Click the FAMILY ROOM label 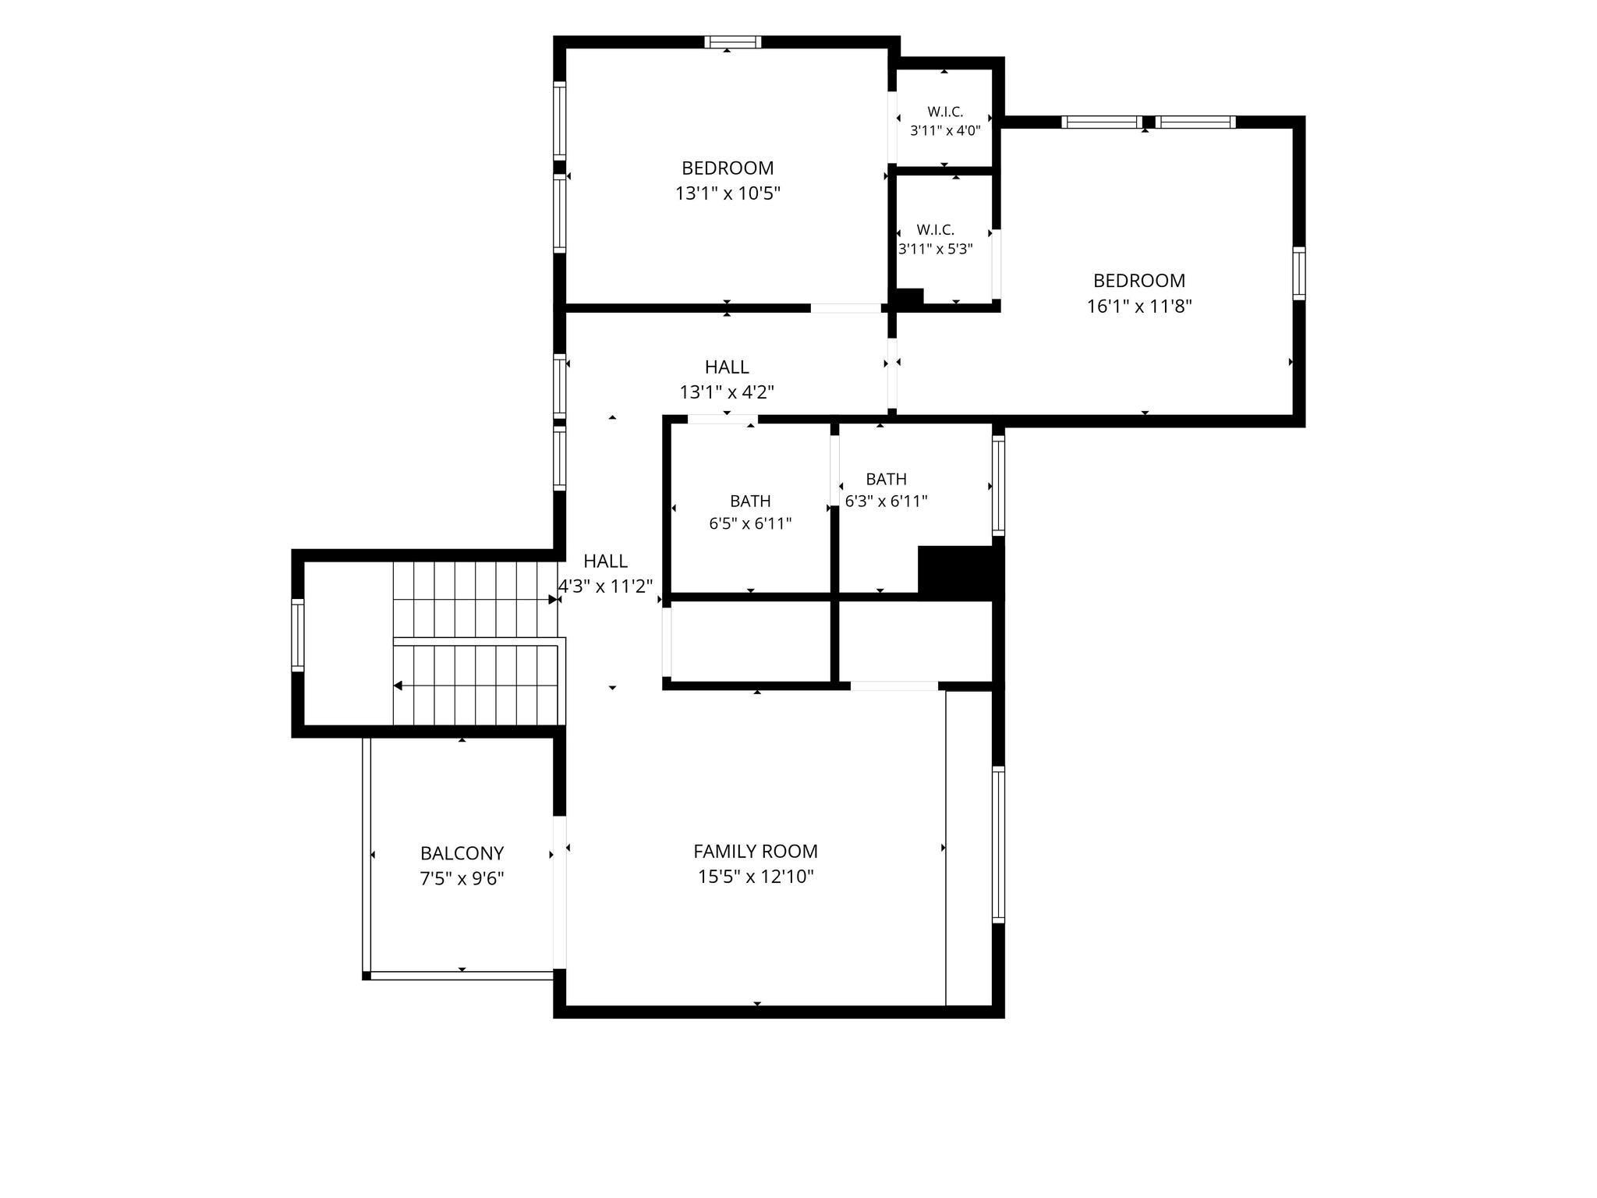coord(756,851)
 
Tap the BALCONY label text coord(462,853)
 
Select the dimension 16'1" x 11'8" coord(1139,306)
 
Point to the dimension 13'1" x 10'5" coord(728,193)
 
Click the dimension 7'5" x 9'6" coord(462,878)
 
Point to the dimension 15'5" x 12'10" coord(756,876)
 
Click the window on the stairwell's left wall coord(297,635)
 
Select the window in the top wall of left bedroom coord(732,42)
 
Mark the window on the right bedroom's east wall coord(1298,273)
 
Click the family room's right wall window coord(998,845)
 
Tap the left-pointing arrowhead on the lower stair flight coord(398,686)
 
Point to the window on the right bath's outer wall coord(998,485)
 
